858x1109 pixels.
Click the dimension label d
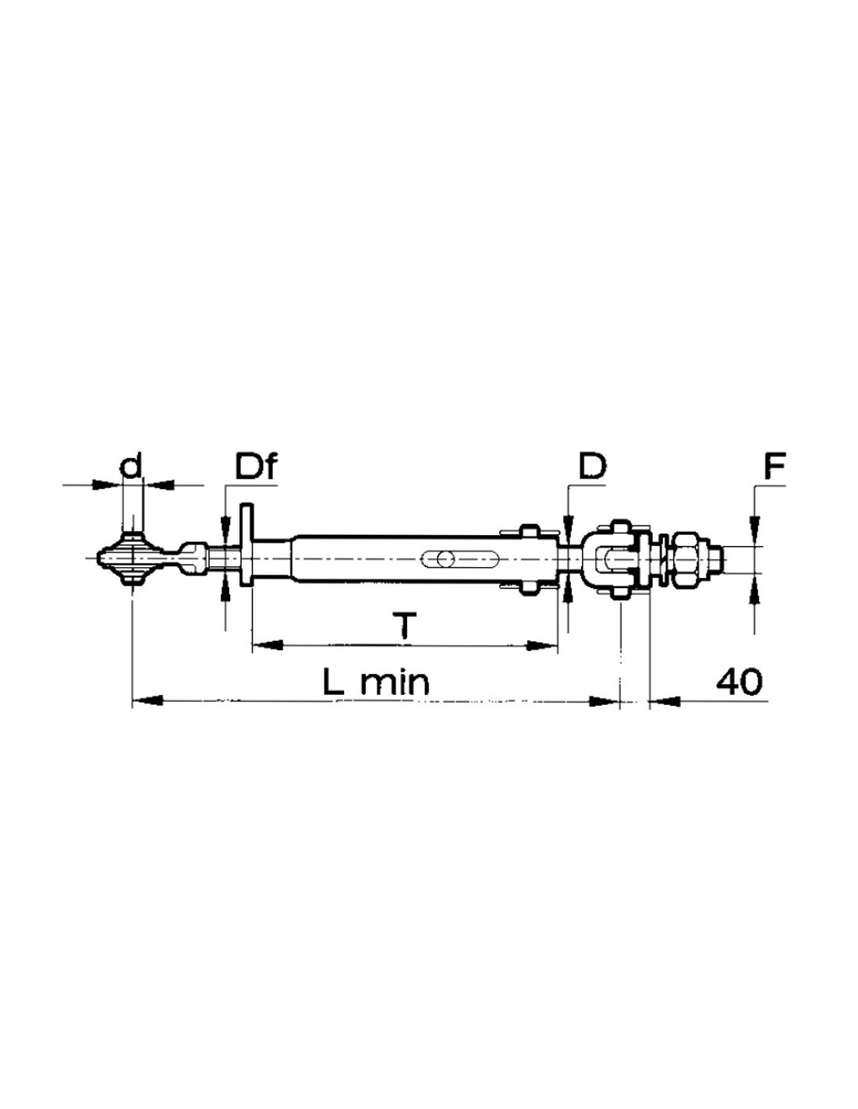click(x=131, y=466)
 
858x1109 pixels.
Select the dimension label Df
click(x=255, y=466)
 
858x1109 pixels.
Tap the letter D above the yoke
click(x=592, y=466)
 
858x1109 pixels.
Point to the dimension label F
click(x=774, y=466)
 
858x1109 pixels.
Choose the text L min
click(x=376, y=682)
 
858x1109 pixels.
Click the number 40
click(x=739, y=682)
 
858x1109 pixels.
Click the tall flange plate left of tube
click(x=246, y=545)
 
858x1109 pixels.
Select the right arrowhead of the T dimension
click(x=541, y=646)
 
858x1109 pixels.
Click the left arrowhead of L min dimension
click(x=148, y=701)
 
